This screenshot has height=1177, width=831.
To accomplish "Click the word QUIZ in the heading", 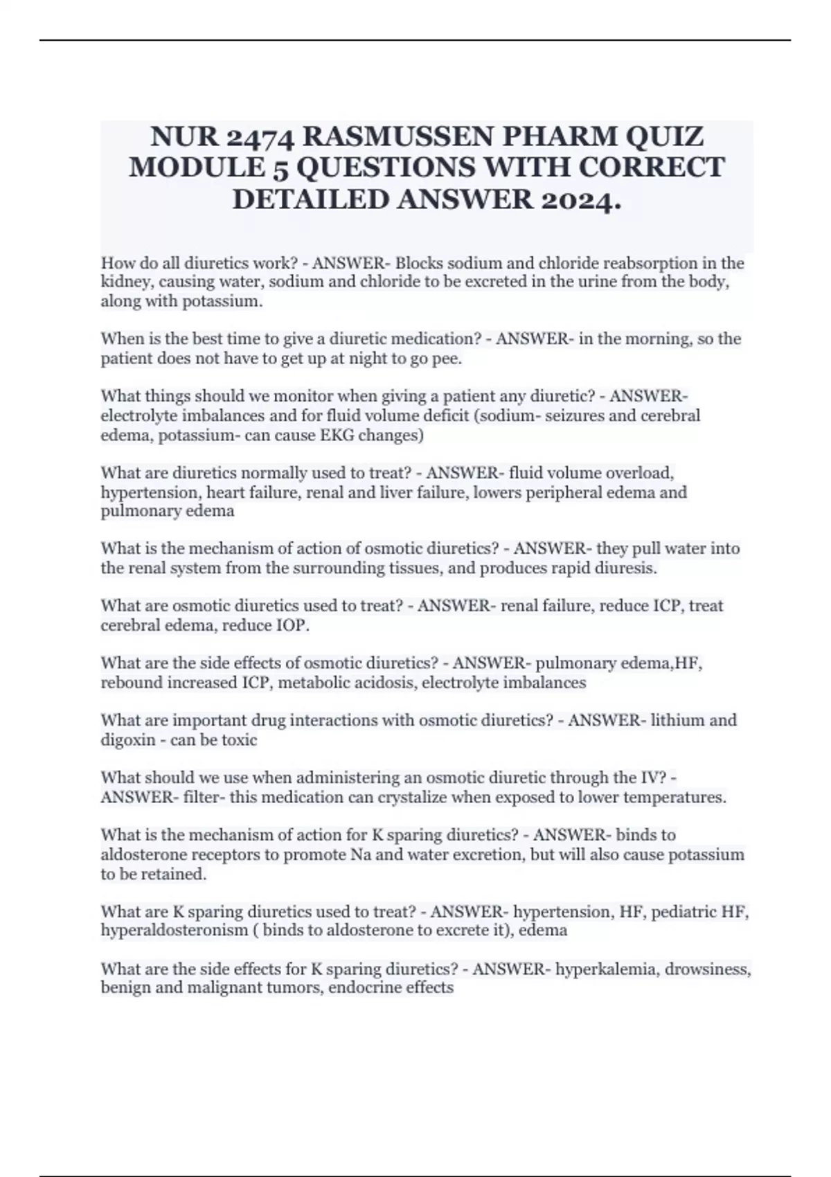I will (665, 136).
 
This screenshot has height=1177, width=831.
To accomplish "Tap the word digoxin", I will (128, 740).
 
